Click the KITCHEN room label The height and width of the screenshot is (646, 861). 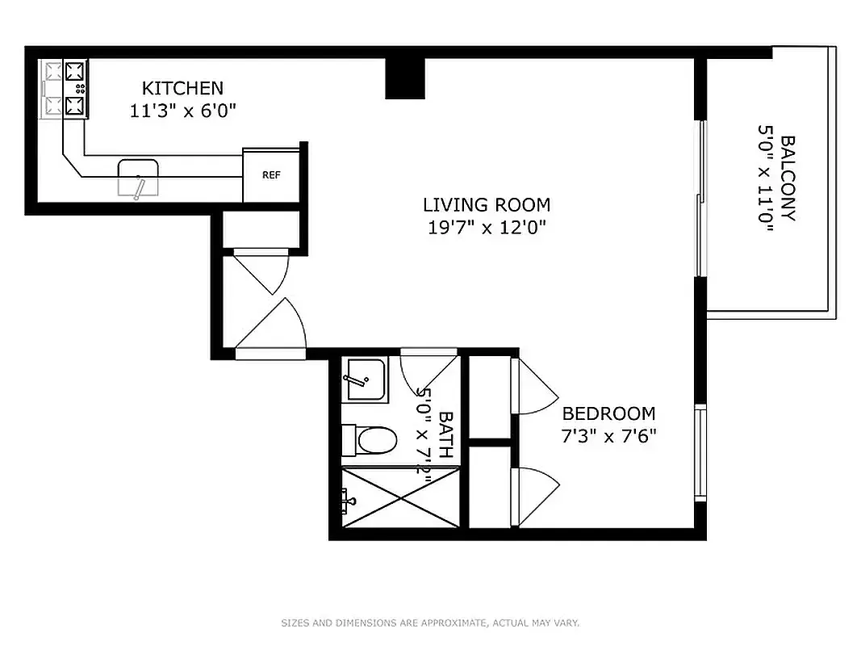tap(182, 88)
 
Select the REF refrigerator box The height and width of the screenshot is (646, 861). tap(271, 175)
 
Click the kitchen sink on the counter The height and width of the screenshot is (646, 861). tap(138, 177)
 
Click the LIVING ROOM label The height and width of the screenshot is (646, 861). tap(487, 204)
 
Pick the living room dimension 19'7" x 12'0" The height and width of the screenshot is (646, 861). tap(487, 228)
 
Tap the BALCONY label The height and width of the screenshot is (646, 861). tap(788, 178)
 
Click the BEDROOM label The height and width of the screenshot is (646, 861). tap(608, 413)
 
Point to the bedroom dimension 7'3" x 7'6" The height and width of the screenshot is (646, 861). tap(608, 436)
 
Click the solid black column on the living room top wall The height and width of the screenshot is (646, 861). tap(404, 78)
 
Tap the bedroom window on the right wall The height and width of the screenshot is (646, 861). tap(700, 453)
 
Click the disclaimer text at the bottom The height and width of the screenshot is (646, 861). tap(430, 623)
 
